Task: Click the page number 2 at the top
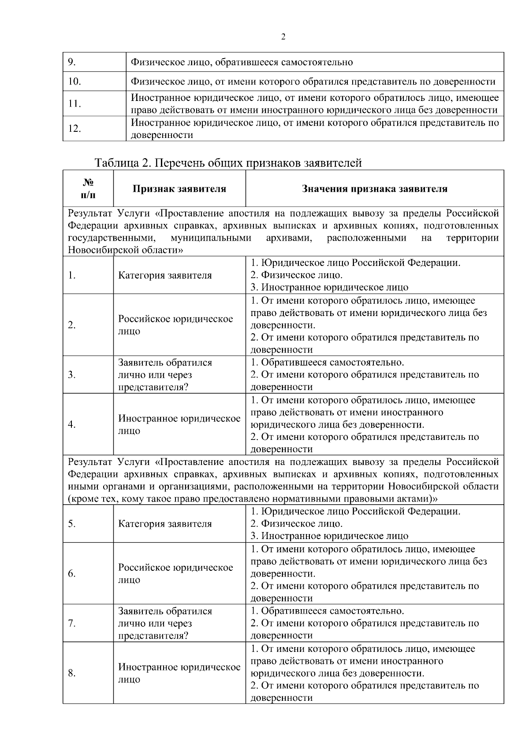click(x=283, y=37)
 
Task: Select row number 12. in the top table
click(x=75, y=129)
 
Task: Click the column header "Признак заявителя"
click(x=179, y=189)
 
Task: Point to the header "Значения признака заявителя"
click(x=375, y=189)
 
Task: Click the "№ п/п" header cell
click(x=88, y=189)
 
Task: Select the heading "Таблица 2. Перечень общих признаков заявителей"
click(x=228, y=163)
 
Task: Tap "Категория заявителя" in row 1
click(x=165, y=275)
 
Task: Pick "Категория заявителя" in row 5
click(x=165, y=524)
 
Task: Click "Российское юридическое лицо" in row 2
click(x=175, y=325)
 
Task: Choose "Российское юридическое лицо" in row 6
click(x=175, y=573)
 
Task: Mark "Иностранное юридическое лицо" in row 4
click(x=179, y=424)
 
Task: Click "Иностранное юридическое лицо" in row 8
click(x=179, y=673)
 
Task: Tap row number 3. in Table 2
click(x=72, y=375)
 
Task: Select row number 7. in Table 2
click(x=72, y=624)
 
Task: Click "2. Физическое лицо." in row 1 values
click(x=296, y=275)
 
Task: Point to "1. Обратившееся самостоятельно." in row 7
click(x=327, y=611)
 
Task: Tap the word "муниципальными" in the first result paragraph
click(x=211, y=238)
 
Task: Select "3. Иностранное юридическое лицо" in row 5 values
click(x=329, y=536)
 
